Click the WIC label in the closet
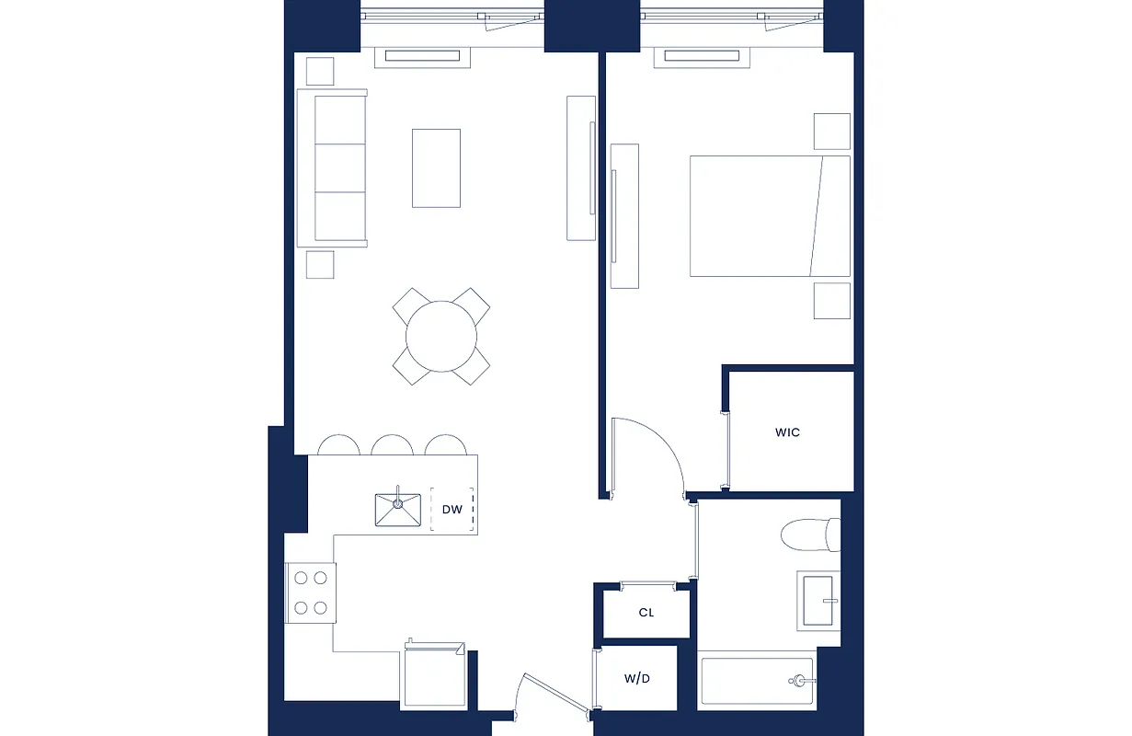point(787,431)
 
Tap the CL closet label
point(646,613)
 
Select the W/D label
point(637,680)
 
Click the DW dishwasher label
point(452,510)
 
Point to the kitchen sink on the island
point(397,510)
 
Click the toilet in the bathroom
point(809,535)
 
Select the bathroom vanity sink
point(818,599)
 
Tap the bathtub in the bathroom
point(756,682)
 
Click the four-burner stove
point(310,592)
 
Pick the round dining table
point(441,336)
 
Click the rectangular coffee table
point(436,168)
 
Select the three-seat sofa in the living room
point(333,167)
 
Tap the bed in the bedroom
point(769,216)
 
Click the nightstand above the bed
point(831,132)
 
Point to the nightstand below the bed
point(831,301)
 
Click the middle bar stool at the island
point(392,445)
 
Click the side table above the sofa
point(320,71)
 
